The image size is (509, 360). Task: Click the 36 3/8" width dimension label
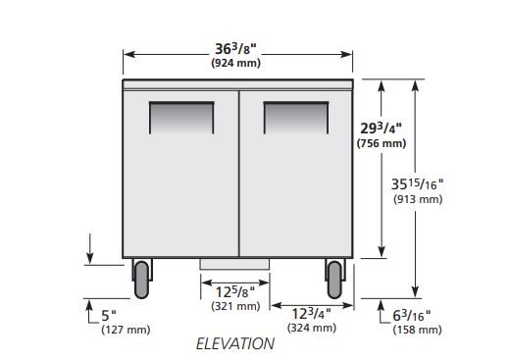(235, 49)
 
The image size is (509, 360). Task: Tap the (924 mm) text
(236, 63)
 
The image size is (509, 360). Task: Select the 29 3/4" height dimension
(381, 129)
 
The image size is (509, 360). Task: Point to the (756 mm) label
(382, 143)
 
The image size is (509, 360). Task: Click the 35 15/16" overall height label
(418, 184)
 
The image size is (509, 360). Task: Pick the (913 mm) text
(418, 199)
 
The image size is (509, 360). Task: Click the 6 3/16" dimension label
(412, 316)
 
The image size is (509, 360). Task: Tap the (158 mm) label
(417, 330)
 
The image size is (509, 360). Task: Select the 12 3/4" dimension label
(311, 314)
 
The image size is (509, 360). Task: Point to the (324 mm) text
(312, 328)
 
